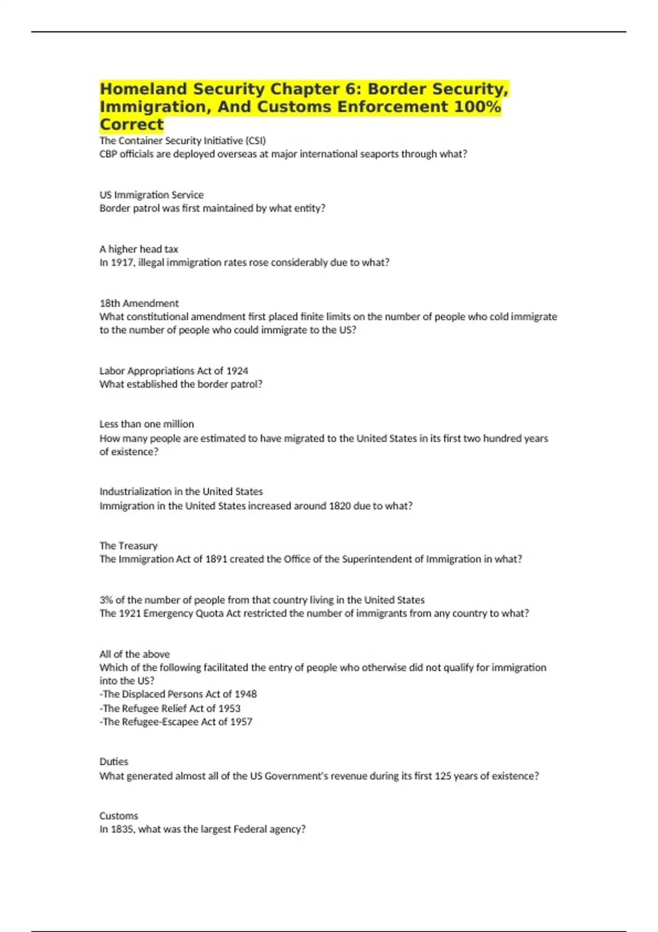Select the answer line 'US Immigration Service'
151,195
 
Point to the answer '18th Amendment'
139,303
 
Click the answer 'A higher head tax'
139,249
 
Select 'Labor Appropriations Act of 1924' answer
174,371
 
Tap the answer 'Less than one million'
146,424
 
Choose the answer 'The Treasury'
128,545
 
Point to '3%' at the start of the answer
106,600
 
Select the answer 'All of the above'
134,654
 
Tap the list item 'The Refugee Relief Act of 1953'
171,708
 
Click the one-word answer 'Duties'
114,761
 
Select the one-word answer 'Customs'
118,816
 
